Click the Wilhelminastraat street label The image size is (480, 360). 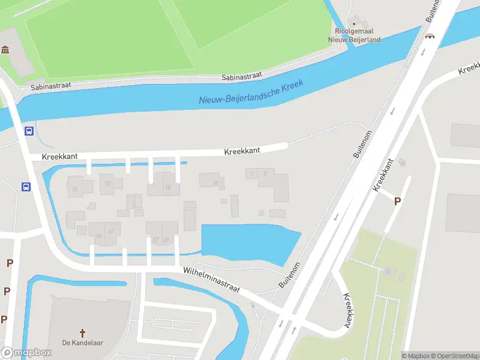point(212,280)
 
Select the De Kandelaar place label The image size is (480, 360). point(83,343)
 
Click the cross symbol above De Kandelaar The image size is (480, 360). point(83,332)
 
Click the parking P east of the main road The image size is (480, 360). point(397,202)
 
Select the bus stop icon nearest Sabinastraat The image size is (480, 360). point(29,131)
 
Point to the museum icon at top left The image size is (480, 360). point(5,49)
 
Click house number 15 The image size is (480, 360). point(75,190)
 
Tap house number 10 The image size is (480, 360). point(107,183)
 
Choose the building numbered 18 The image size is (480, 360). point(167,187)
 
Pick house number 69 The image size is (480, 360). point(166,240)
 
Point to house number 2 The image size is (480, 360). point(265,174)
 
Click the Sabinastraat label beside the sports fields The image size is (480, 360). point(242,76)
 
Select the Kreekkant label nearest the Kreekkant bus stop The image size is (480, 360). point(60,156)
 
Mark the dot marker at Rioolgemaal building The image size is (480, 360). point(353,23)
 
